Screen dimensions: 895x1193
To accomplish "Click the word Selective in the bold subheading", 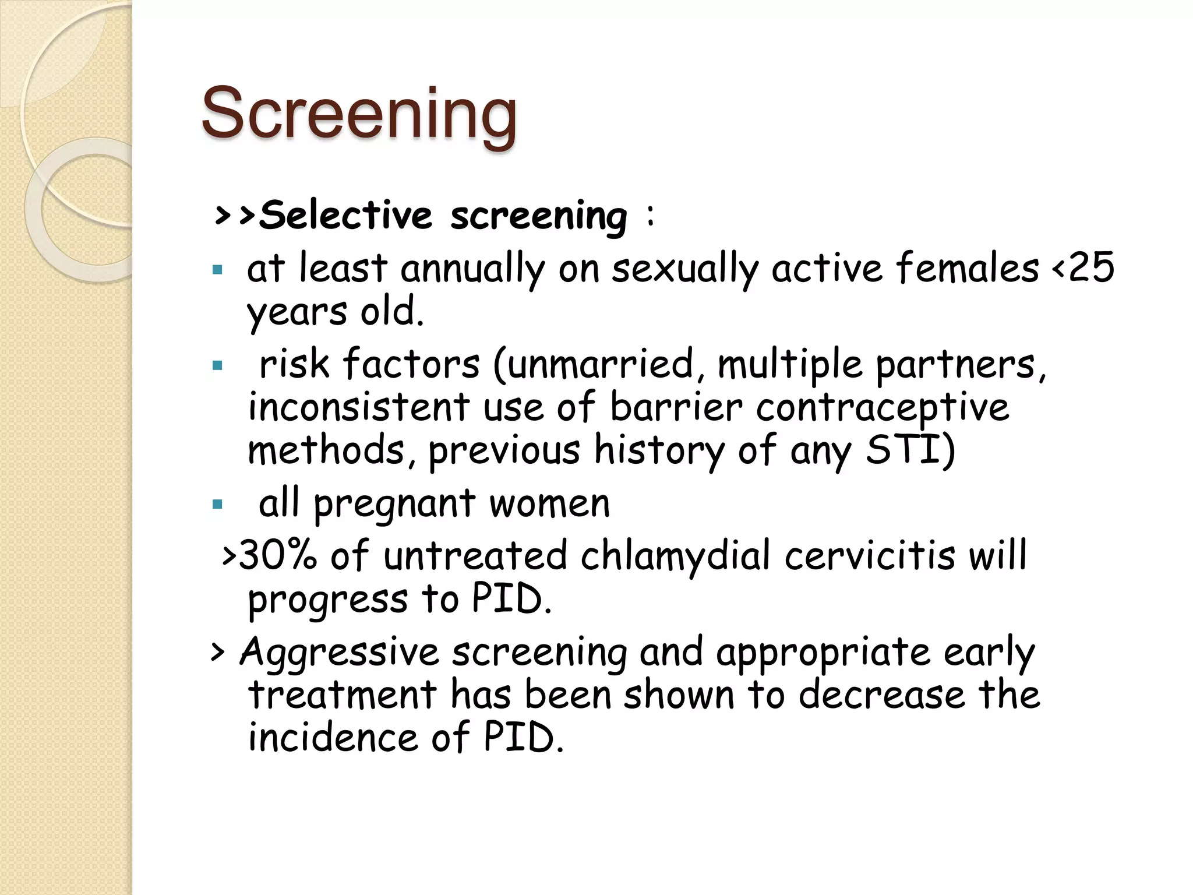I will pos(345,216).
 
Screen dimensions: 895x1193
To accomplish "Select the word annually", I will pos(472,269).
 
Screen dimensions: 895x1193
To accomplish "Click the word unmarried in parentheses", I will pos(601,364).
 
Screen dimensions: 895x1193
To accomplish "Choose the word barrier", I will pos(676,406).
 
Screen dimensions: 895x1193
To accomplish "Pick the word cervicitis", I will pos(869,555).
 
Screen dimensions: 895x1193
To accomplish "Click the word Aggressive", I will pos(339,653).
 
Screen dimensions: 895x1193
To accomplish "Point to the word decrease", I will pos(881,695).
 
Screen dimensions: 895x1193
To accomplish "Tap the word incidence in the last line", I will pos(333,737).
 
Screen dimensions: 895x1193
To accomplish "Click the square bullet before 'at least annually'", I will pos(218,270).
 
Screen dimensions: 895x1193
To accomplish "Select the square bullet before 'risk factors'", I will pos(218,366).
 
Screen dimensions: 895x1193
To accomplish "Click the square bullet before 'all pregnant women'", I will pos(218,504).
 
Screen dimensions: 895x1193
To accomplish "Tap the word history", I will pos(659,450).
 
